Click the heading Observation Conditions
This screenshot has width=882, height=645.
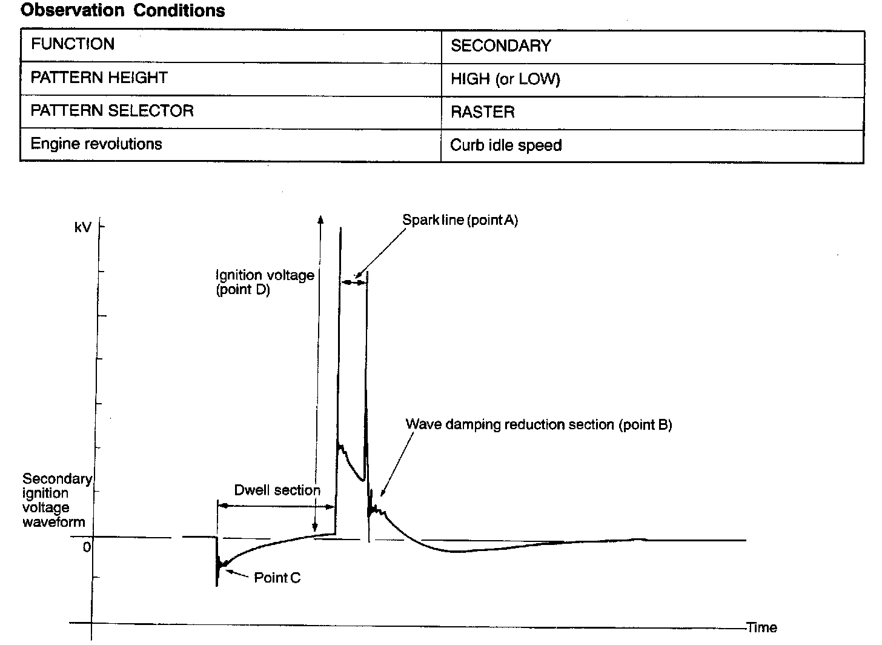pyautogui.click(x=123, y=11)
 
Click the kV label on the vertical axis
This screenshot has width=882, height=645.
pyautogui.click(x=82, y=227)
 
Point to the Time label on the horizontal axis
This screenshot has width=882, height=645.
pyautogui.click(x=762, y=628)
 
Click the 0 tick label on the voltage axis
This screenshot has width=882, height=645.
pyautogui.click(x=87, y=547)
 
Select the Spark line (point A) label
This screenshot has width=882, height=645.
pyautogui.click(x=460, y=220)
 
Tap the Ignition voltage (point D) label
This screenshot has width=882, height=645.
pyautogui.click(x=265, y=282)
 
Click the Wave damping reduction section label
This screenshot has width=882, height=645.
pyautogui.click(x=539, y=424)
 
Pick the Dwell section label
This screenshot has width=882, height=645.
pyautogui.click(x=277, y=490)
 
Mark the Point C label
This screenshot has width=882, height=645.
pyautogui.click(x=277, y=578)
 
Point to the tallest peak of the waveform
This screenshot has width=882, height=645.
pyautogui.click(x=340, y=229)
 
